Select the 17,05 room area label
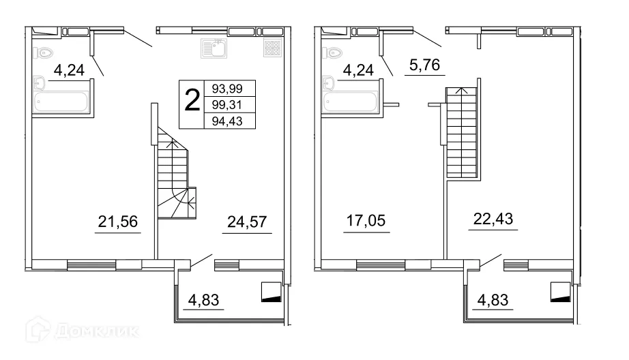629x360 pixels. tap(366, 221)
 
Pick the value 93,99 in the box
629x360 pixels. tap(227, 88)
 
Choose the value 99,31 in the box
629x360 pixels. tap(227, 105)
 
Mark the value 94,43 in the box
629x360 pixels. tap(227, 121)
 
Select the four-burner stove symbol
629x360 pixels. tap(272, 48)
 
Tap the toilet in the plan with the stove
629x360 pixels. tap(45, 52)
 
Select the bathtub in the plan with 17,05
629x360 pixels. tap(351, 102)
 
